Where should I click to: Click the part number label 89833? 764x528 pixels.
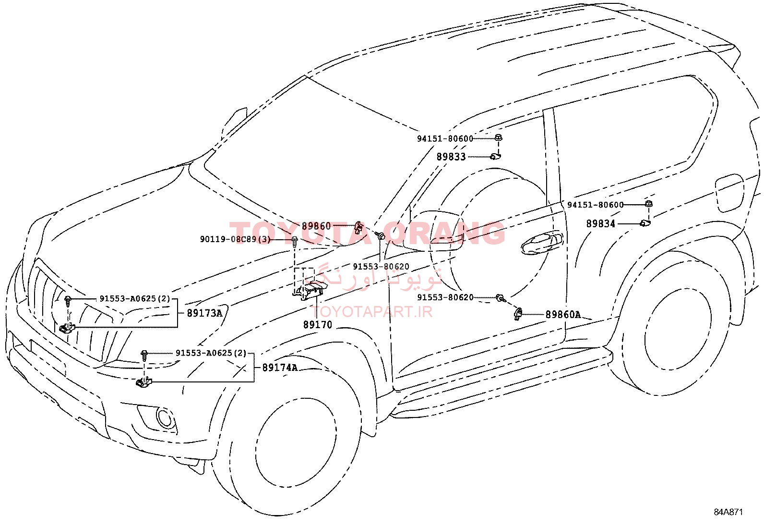point(451,157)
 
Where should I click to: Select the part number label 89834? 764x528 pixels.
point(601,224)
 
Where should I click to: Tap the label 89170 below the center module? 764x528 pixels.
point(318,324)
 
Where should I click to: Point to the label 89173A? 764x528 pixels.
point(204,313)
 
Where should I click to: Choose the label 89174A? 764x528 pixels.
point(280,368)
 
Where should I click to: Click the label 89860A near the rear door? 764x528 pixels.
point(563,315)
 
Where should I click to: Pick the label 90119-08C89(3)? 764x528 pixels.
point(235,239)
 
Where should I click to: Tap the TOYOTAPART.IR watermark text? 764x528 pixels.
point(371,311)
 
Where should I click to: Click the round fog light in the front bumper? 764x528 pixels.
point(165,417)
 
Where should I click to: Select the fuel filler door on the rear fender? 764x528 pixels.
point(729,193)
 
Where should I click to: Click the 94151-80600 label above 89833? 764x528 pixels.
point(445,138)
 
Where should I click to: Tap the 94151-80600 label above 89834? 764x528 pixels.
point(595,205)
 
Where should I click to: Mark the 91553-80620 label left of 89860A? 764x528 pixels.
point(445,297)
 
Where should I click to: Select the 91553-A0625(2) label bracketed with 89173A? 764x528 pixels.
point(135,298)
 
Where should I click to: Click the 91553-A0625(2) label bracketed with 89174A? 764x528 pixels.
point(211,353)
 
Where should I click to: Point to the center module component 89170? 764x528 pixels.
point(310,291)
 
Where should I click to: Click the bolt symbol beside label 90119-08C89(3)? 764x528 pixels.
point(295,240)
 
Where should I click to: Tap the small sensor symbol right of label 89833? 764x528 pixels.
point(495,157)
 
